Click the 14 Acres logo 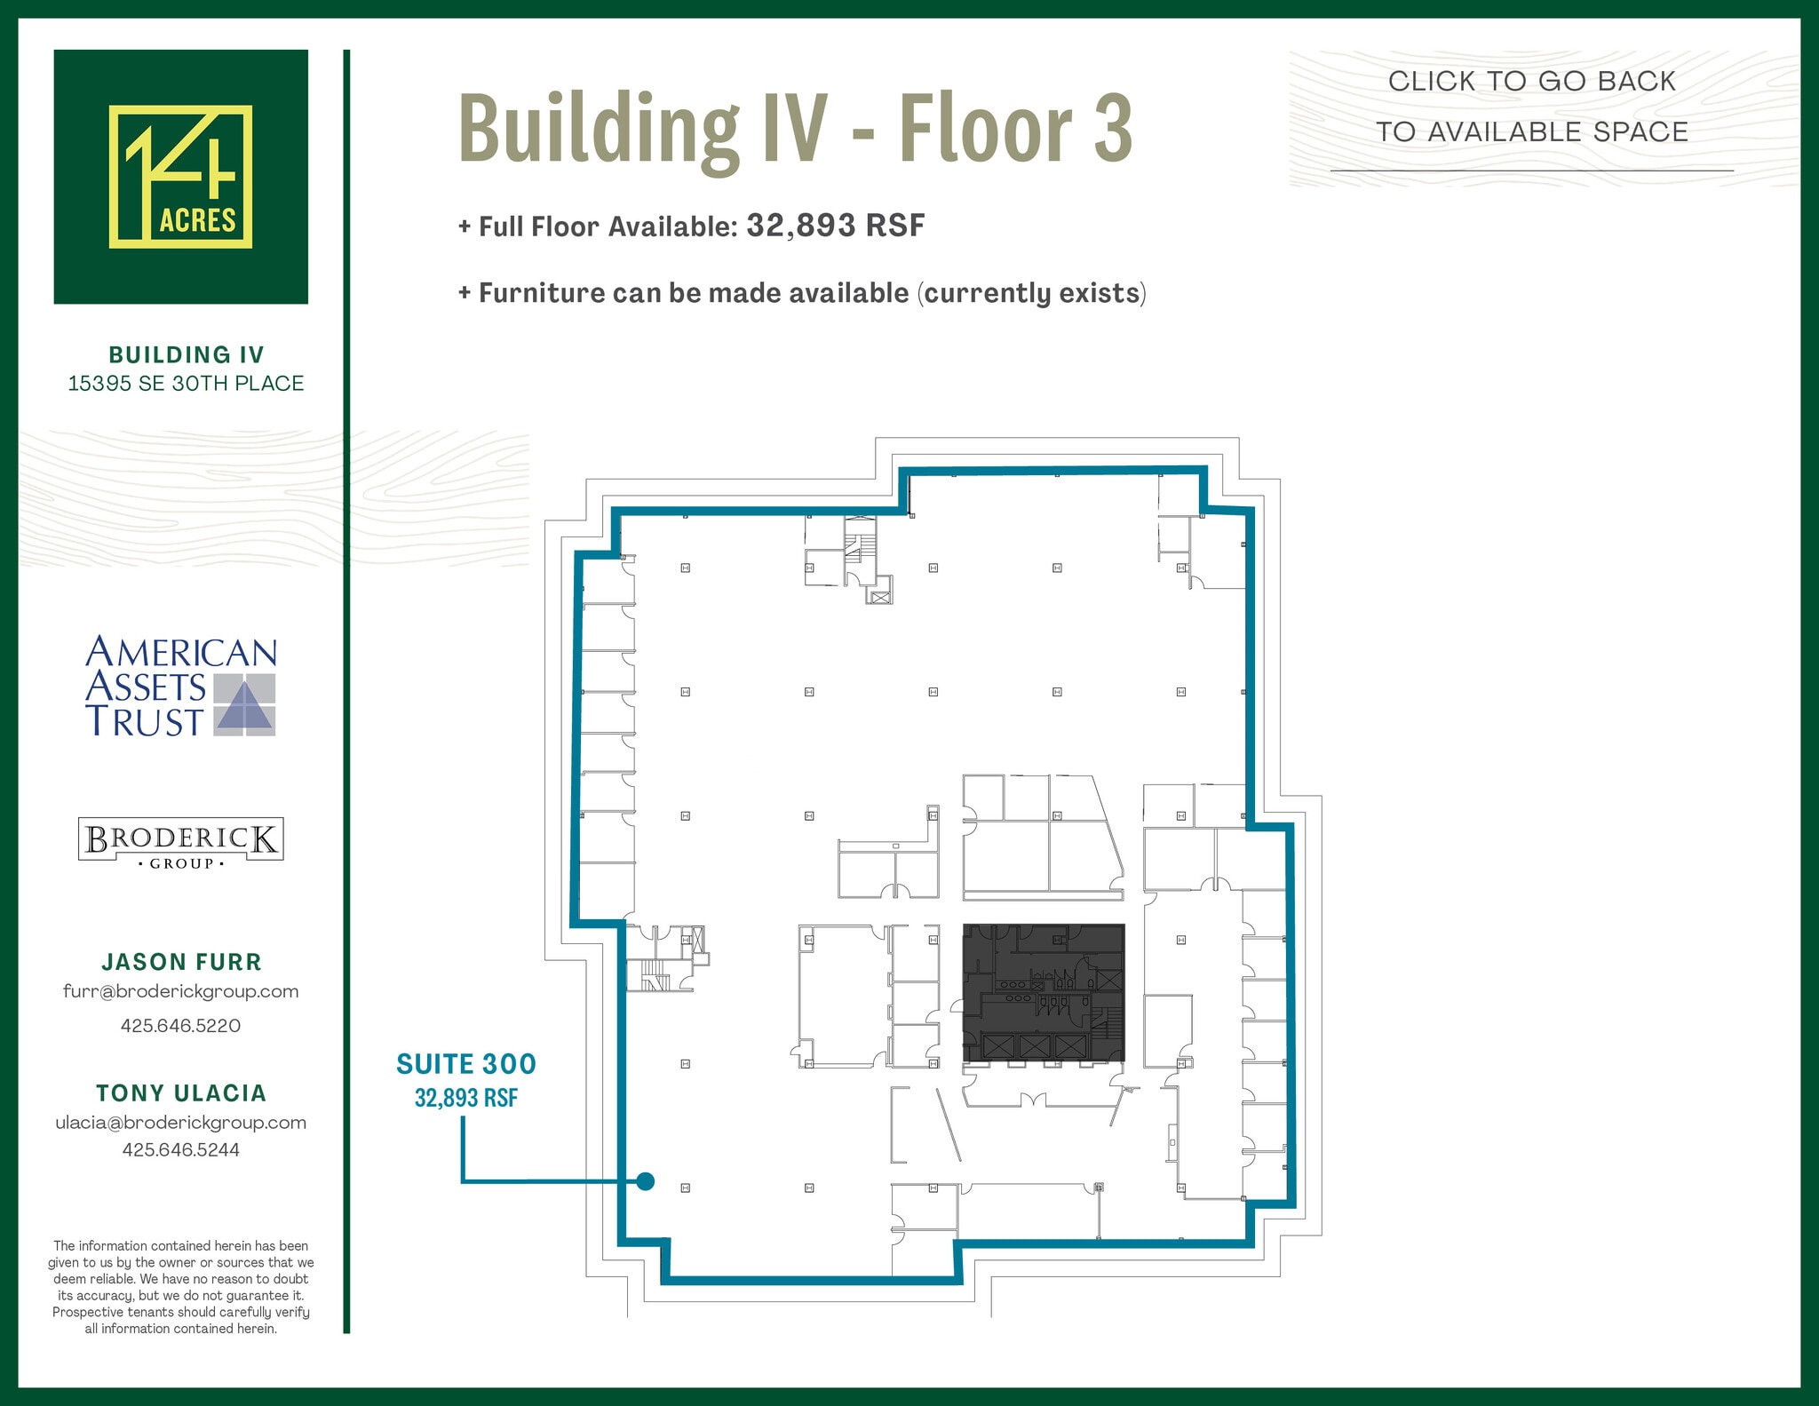coord(180,177)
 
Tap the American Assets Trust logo coord(181,686)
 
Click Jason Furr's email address coord(181,991)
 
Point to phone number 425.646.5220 coord(181,1026)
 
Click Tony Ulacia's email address coord(181,1123)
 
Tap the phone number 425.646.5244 coord(181,1150)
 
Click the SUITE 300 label coord(466,1064)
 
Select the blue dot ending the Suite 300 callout coord(646,1181)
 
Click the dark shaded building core coord(1044,992)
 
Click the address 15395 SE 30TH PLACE coord(186,384)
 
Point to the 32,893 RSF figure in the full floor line coord(836,226)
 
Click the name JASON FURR coord(181,962)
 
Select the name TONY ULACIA coord(181,1093)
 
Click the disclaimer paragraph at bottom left coord(181,1287)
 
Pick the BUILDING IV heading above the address coord(187,355)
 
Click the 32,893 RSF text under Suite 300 coord(466,1099)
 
